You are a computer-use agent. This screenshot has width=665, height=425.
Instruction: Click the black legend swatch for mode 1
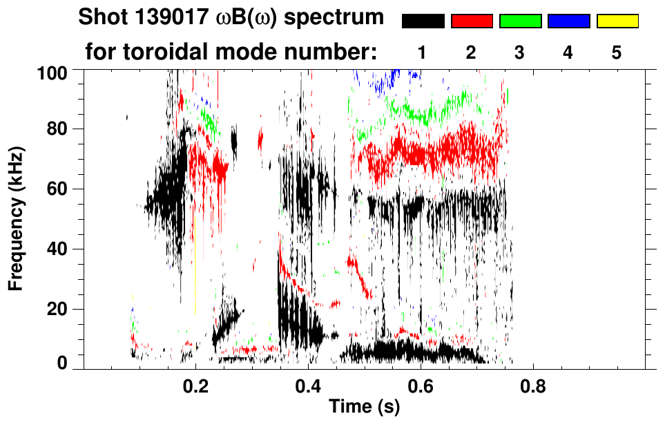click(x=423, y=21)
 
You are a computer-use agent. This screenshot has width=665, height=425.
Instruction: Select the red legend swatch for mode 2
click(x=472, y=21)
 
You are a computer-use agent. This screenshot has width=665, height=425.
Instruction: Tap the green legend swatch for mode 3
click(x=520, y=21)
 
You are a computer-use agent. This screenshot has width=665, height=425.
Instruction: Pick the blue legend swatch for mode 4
click(x=568, y=21)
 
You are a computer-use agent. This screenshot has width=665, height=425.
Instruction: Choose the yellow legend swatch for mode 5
click(x=617, y=21)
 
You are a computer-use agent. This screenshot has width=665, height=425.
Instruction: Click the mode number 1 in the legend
click(x=423, y=52)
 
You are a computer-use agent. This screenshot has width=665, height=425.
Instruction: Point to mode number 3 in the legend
click(x=520, y=52)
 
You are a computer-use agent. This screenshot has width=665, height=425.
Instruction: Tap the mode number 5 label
click(x=617, y=52)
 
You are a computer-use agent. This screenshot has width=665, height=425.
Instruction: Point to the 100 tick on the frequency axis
click(x=52, y=71)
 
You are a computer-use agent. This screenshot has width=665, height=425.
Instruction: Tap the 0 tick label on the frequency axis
click(x=61, y=363)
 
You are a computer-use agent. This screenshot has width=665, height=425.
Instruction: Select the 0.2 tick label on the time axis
click(x=195, y=385)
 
